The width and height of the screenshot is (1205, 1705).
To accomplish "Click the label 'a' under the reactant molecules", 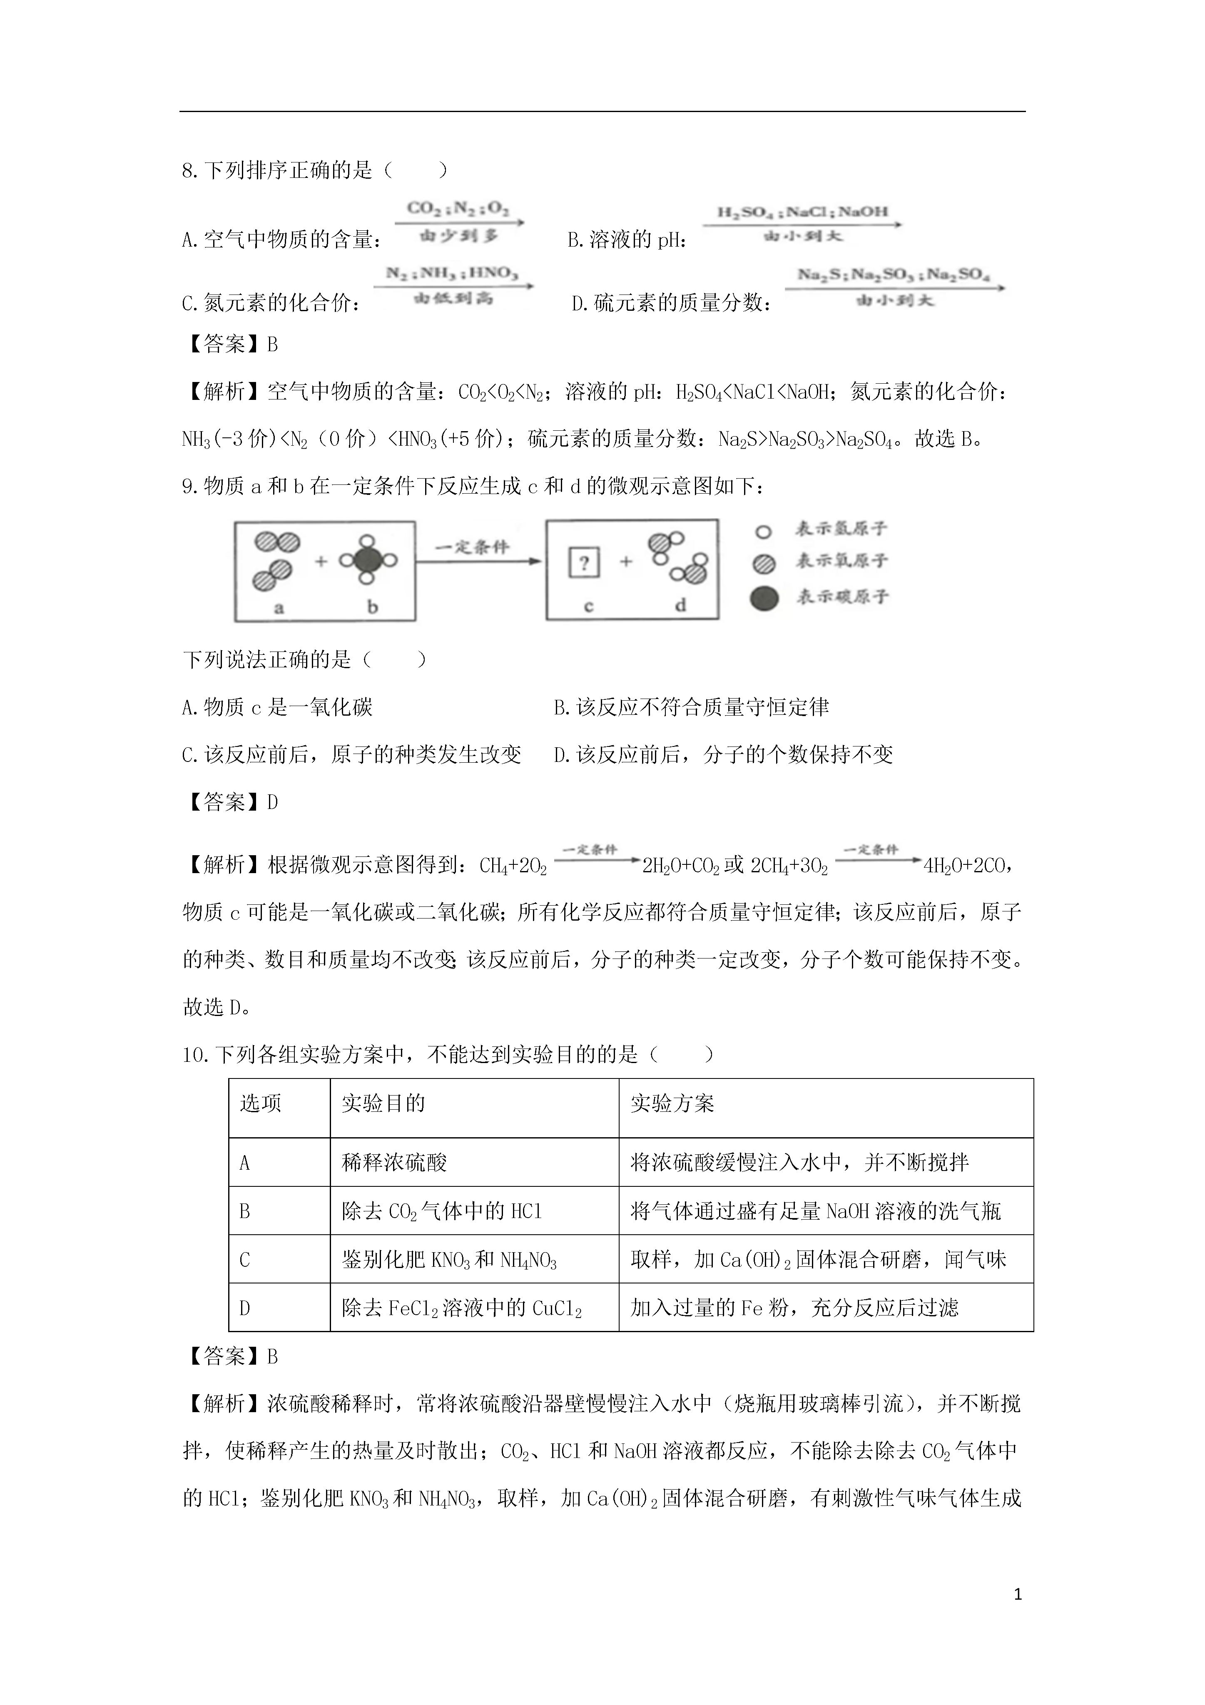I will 279,607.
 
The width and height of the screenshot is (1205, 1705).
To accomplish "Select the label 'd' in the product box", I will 680,605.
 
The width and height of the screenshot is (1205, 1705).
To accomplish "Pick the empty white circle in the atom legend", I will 763,532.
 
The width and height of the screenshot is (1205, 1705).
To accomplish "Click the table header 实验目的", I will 383,1103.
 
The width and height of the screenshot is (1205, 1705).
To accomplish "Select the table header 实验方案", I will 672,1103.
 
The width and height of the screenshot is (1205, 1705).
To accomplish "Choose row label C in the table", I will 245,1259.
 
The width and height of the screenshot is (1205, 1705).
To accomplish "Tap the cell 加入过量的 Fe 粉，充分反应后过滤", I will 794,1308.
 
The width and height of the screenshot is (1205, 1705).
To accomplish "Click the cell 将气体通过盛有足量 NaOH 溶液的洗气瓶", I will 815,1211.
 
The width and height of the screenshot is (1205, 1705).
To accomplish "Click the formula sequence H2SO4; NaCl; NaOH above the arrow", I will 802,212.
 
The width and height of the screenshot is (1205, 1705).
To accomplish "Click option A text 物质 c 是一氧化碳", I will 277,707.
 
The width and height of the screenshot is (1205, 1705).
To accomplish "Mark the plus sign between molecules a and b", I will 321,562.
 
